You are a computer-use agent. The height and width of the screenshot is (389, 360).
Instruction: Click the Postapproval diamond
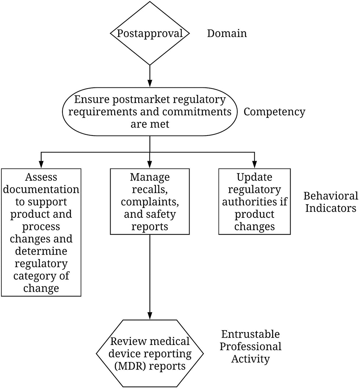pyautogui.click(x=150, y=33)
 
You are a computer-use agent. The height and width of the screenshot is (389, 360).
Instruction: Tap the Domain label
pyautogui.click(x=227, y=33)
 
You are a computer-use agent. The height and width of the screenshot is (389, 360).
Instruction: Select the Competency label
pyautogui.click(x=274, y=112)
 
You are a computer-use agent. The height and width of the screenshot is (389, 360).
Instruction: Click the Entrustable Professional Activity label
pyautogui.click(x=251, y=346)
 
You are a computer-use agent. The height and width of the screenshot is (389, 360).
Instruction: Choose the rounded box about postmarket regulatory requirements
pyautogui.click(x=150, y=112)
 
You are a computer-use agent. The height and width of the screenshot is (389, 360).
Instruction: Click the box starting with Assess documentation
pyautogui.click(x=41, y=232)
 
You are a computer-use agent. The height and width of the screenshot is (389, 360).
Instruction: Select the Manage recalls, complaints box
pyautogui.click(x=150, y=201)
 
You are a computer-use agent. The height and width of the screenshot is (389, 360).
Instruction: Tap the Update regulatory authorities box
pyautogui.click(x=254, y=201)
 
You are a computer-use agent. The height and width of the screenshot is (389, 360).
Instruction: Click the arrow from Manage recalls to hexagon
pyautogui.click(x=150, y=275)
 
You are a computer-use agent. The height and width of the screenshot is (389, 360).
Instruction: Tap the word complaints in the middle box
pyautogui.click(x=150, y=202)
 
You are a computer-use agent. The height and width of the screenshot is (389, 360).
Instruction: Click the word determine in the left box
pyautogui.click(x=41, y=251)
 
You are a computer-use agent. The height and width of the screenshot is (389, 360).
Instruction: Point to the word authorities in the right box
pyautogui.click(x=254, y=202)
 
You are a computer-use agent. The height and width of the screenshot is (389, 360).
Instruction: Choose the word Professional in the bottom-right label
pyautogui.click(x=251, y=346)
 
